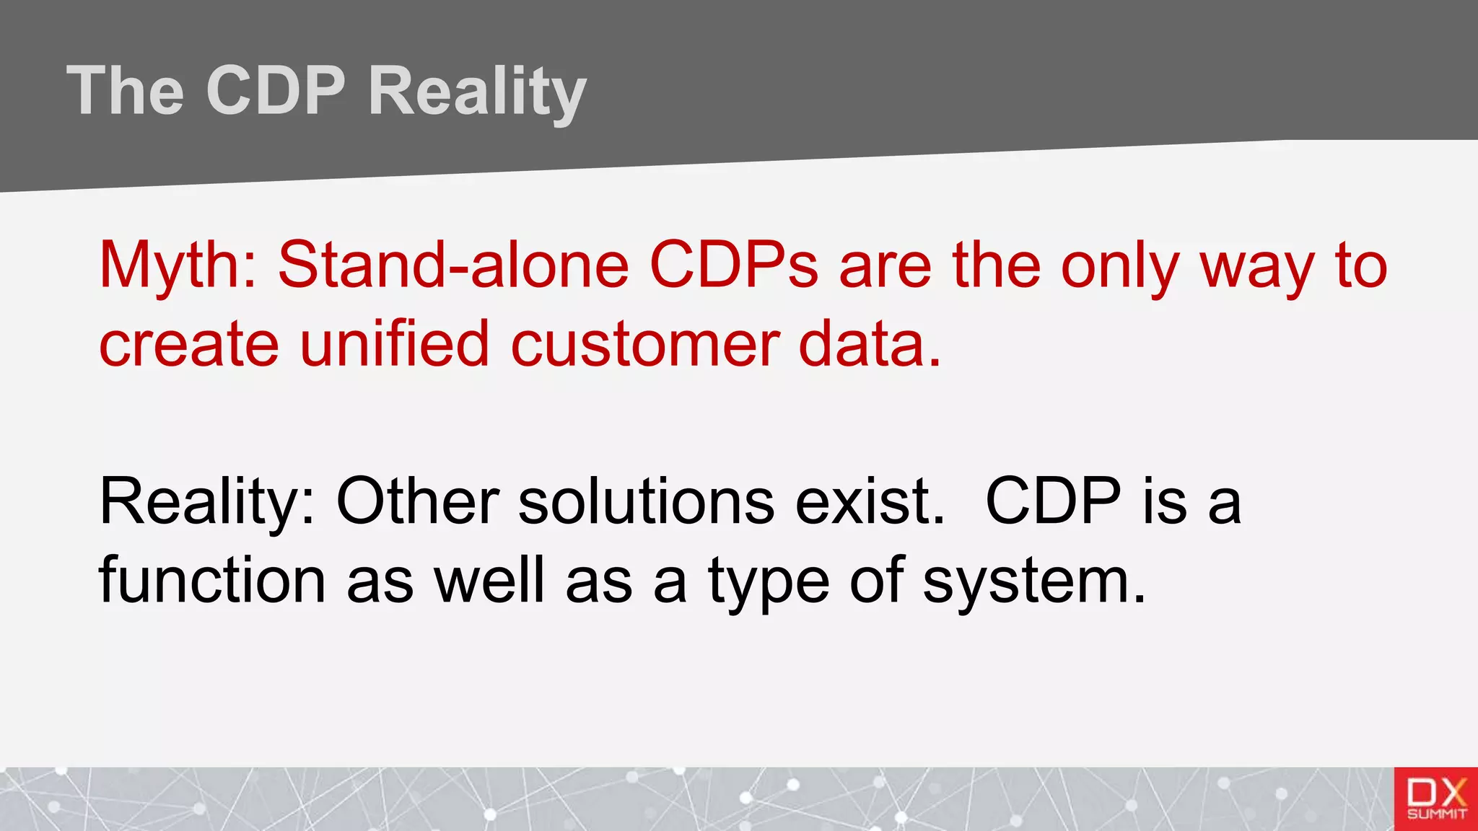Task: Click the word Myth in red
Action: tap(177, 265)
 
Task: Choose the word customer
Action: tap(644, 345)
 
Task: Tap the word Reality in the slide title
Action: tap(477, 92)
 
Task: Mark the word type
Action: tap(769, 581)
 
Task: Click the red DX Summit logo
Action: tap(1435, 799)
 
